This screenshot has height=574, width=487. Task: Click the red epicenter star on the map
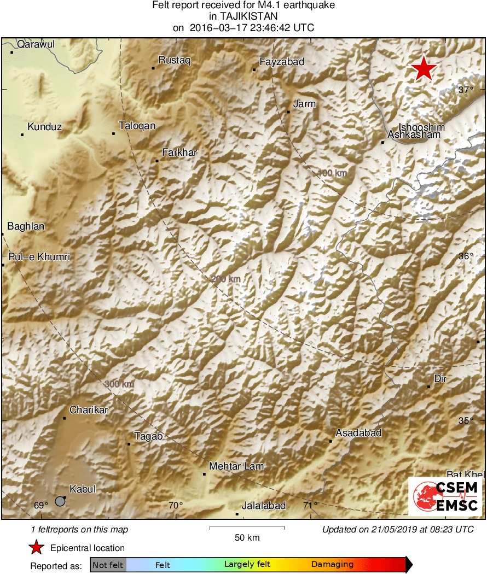point(424,69)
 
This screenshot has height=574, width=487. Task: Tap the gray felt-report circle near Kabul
point(60,501)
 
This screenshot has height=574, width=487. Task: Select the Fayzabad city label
point(282,62)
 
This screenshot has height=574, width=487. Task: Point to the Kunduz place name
point(44,127)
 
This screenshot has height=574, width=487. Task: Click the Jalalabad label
point(264,506)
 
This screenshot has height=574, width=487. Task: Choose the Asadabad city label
point(358,433)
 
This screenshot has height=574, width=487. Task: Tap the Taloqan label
point(137,126)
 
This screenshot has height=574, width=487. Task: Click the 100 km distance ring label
point(332,173)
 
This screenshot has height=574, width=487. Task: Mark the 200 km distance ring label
point(225,279)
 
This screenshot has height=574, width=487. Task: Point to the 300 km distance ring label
point(119,384)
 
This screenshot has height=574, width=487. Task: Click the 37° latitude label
point(466,90)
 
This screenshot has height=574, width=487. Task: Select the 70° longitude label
point(176,505)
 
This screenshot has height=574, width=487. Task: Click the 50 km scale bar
point(247,528)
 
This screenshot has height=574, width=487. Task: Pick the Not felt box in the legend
point(108,565)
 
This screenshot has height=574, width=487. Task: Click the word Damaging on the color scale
point(333,565)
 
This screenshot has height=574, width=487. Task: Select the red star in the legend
point(37,548)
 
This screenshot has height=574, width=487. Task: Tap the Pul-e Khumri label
point(39,257)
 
